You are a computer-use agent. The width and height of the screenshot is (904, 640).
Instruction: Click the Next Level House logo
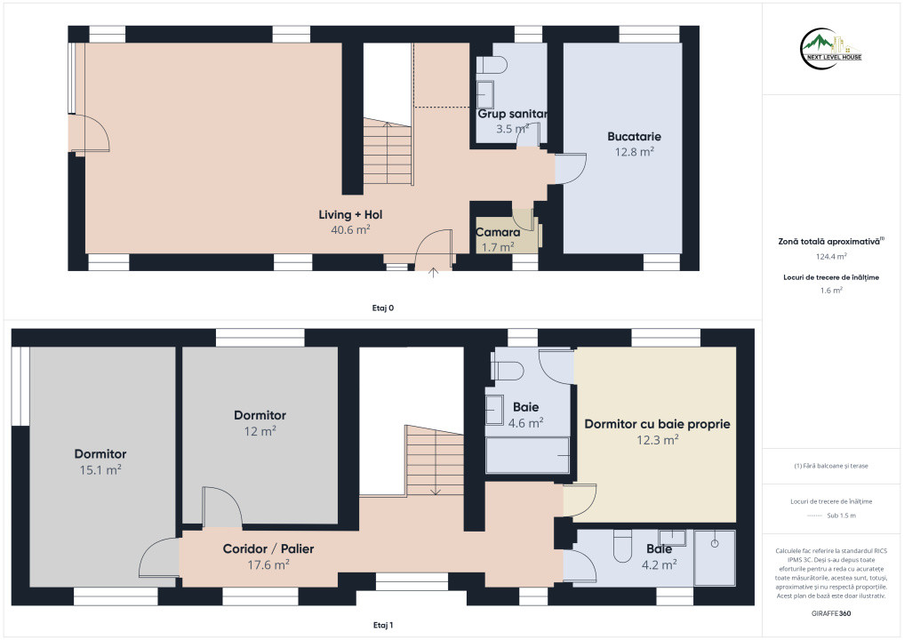pos(831,49)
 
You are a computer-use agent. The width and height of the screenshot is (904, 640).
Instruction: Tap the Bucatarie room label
pos(634,137)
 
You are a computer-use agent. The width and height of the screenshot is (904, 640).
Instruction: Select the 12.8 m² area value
pos(634,152)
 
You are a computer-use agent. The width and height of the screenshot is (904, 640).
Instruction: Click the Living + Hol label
pos(350,214)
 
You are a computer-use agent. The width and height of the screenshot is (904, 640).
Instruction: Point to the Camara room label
pos(498,232)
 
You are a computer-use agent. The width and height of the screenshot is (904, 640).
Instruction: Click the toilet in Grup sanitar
pos(492,65)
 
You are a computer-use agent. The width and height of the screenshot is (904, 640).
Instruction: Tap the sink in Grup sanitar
pos(485,94)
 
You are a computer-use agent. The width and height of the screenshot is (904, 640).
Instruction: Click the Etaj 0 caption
pos(383,308)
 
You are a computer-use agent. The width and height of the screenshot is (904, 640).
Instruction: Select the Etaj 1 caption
pos(383,625)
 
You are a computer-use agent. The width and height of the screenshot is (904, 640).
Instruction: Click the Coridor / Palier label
pos(268,549)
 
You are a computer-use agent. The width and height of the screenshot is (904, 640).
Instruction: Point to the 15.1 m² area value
pos(100,470)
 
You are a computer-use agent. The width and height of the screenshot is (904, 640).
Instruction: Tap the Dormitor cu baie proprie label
pos(657,424)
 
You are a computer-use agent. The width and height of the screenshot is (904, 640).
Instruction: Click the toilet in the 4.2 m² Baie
pos(622,546)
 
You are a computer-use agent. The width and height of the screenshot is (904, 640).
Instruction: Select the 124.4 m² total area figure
pos(831,257)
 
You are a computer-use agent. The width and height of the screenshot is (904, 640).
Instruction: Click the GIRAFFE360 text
pos(831,613)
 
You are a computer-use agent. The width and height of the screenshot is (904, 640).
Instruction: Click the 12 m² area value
pos(260,431)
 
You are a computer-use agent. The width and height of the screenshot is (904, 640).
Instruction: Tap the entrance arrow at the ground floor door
pos(433,272)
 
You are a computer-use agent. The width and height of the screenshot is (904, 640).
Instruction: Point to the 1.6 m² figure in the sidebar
pos(831,290)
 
